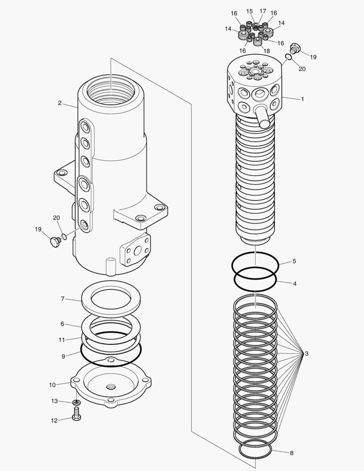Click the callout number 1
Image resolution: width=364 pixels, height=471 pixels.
click(x=302, y=99)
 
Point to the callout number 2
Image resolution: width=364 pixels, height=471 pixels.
click(x=59, y=103)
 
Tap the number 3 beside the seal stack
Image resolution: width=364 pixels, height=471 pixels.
click(x=307, y=354)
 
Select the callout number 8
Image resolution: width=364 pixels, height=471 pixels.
click(x=291, y=453)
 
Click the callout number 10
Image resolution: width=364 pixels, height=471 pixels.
click(x=52, y=385)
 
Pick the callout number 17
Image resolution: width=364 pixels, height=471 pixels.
click(x=262, y=11)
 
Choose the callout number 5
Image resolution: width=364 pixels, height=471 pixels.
click(x=294, y=261)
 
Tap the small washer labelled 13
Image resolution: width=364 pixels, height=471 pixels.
click(x=77, y=402)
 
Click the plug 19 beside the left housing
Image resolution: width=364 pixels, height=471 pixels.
click(x=55, y=241)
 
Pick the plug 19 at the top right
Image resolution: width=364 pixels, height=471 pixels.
click(x=296, y=47)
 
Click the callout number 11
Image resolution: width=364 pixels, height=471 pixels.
click(x=62, y=339)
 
